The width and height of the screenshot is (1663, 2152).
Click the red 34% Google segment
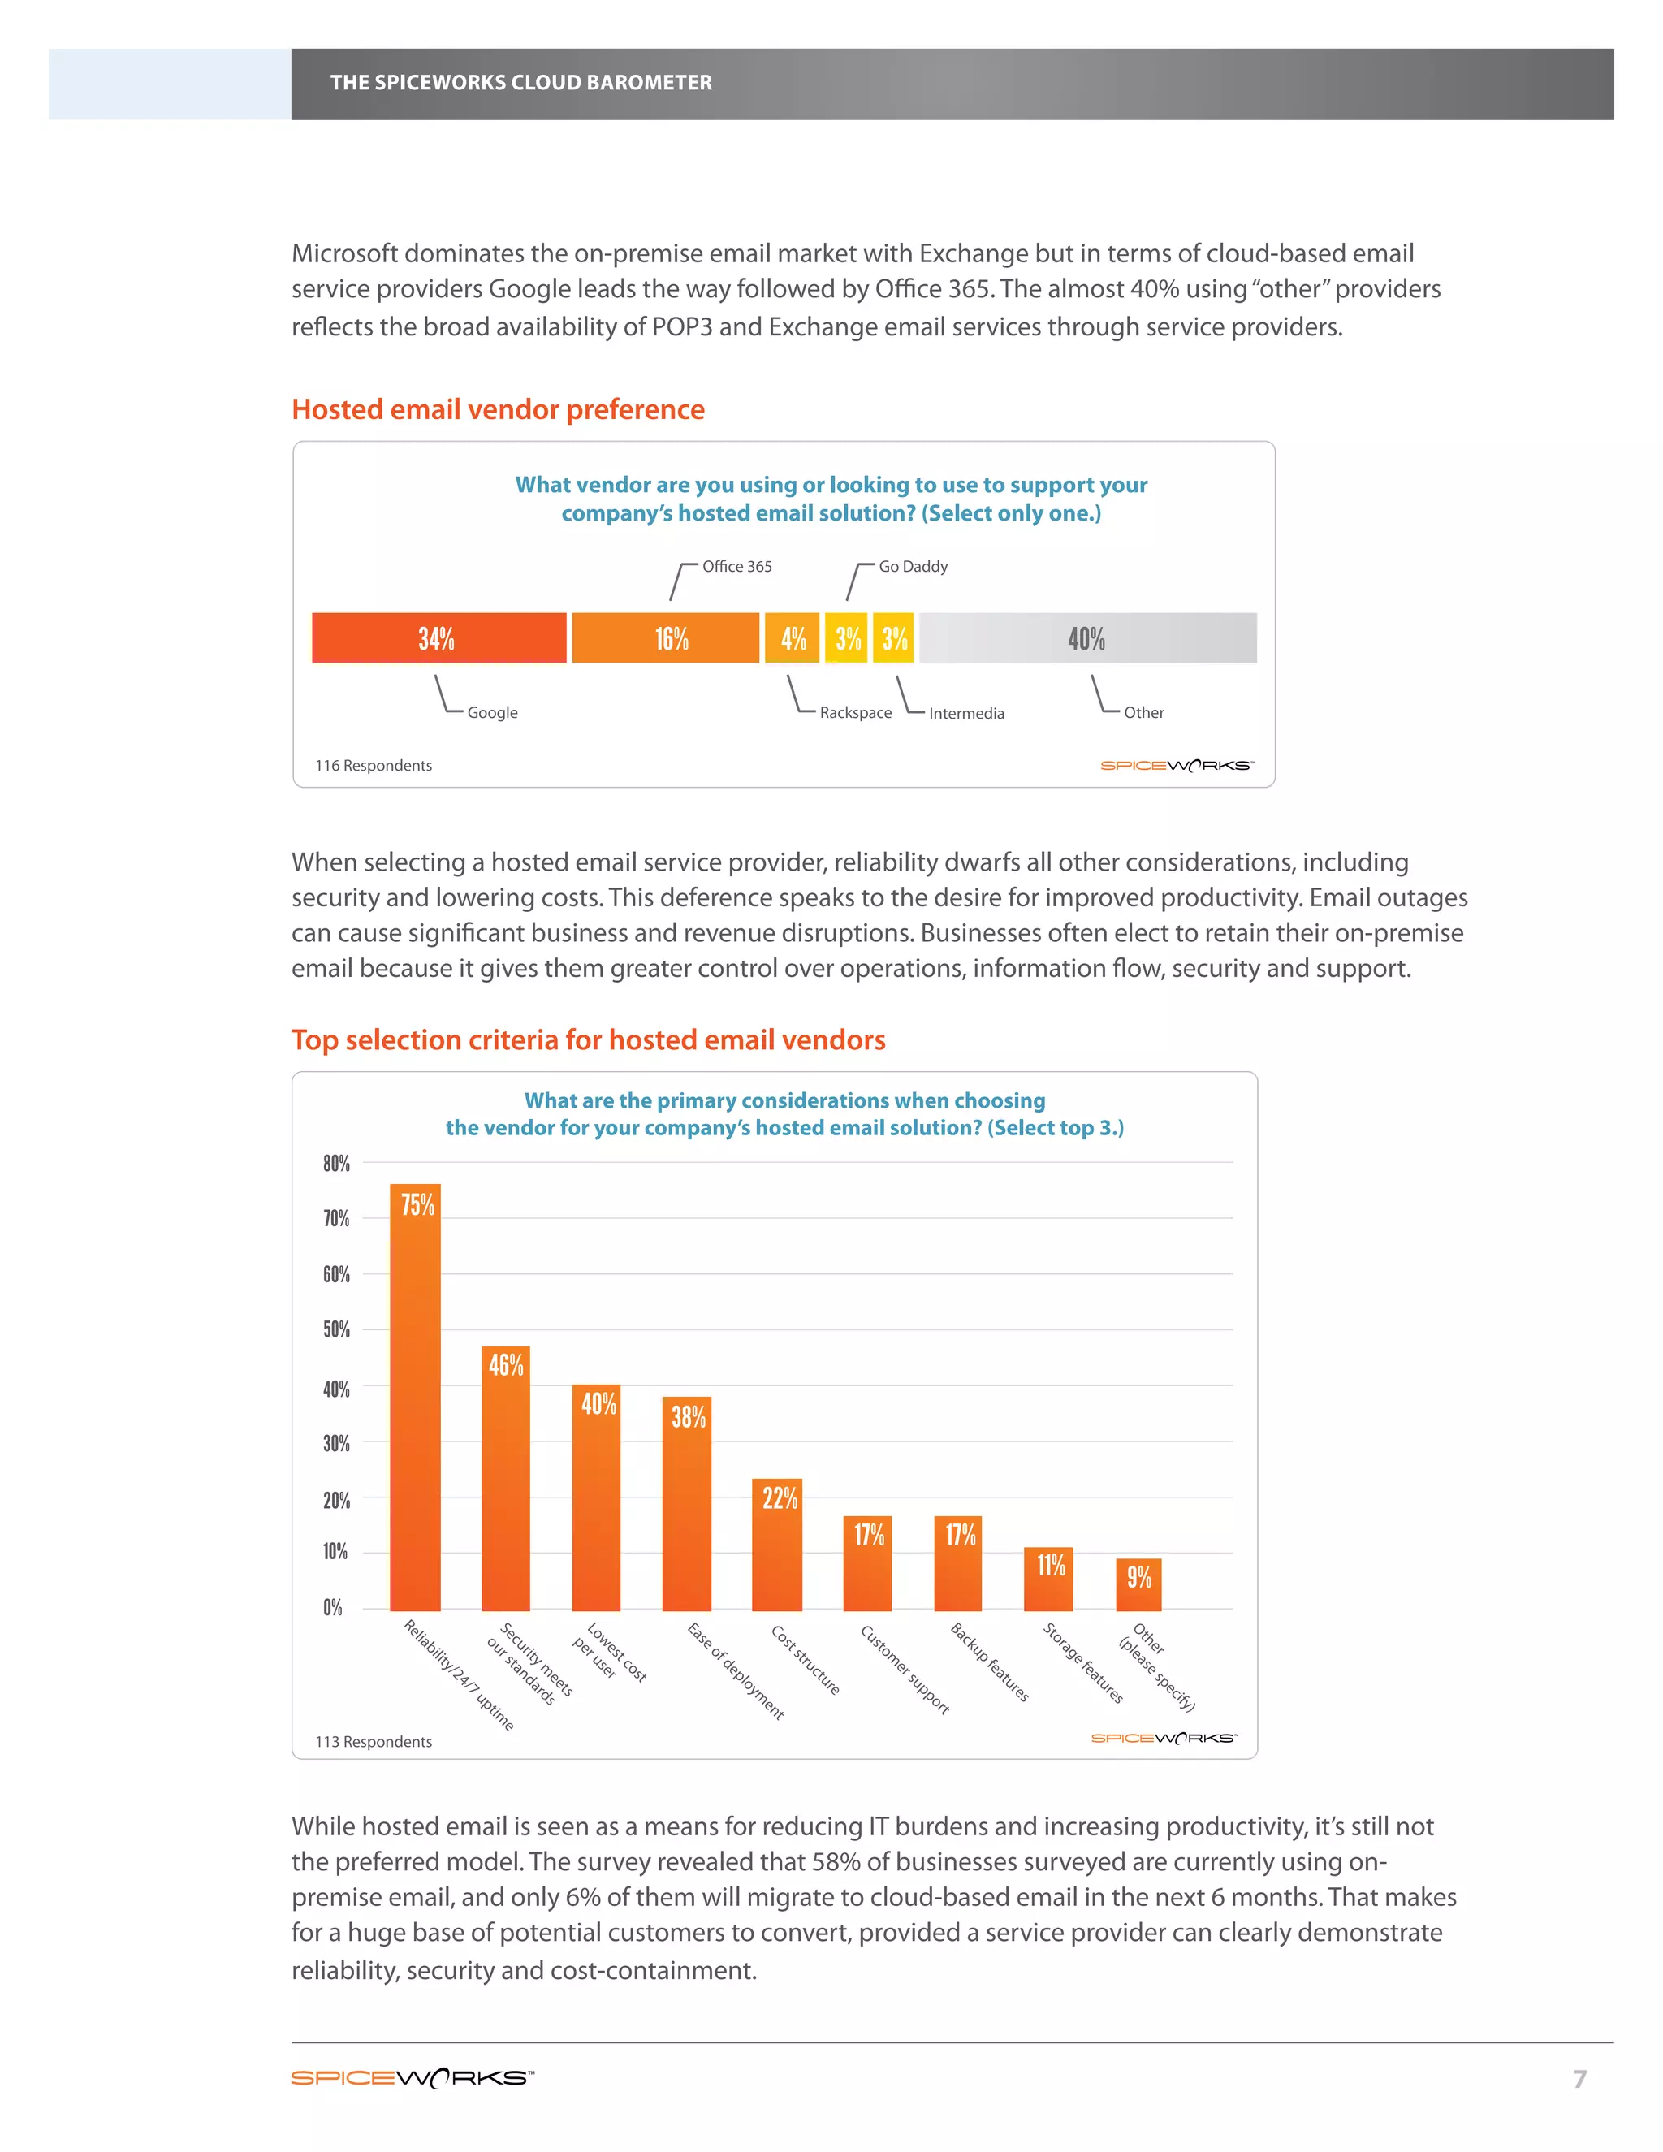(x=438, y=637)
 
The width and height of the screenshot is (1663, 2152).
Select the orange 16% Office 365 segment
(x=665, y=637)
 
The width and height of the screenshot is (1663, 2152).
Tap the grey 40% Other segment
(x=1086, y=637)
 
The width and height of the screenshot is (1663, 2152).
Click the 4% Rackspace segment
(x=792, y=637)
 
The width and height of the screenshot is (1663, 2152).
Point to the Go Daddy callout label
(x=912, y=567)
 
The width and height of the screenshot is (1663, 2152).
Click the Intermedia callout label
(x=965, y=713)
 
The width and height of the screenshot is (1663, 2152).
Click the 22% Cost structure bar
(x=777, y=1546)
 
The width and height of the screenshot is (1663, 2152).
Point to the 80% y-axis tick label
(x=336, y=1164)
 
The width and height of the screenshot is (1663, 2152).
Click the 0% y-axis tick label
(x=333, y=1608)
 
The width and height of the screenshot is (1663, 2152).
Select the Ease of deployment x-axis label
(x=735, y=1671)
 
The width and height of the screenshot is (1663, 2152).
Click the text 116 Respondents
(x=374, y=766)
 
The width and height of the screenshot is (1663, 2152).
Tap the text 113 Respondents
(x=374, y=1742)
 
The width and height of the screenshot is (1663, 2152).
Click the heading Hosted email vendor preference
(x=498, y=409)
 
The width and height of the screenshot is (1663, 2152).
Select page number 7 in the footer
(x=1579, y=2079)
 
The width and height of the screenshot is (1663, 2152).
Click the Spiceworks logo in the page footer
(x=412, y=2078)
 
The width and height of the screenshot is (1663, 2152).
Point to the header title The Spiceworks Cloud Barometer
(x=520, y=83)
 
